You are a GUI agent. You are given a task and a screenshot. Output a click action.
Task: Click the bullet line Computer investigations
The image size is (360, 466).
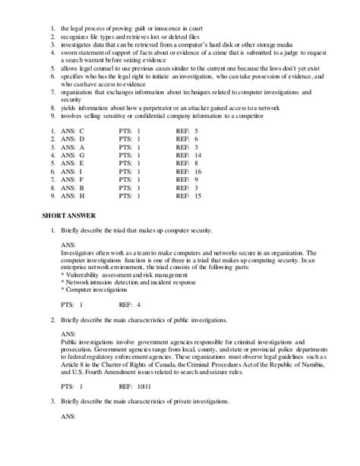[94, 290]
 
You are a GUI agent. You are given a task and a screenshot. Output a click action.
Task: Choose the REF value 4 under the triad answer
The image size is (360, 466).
[139, 304]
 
